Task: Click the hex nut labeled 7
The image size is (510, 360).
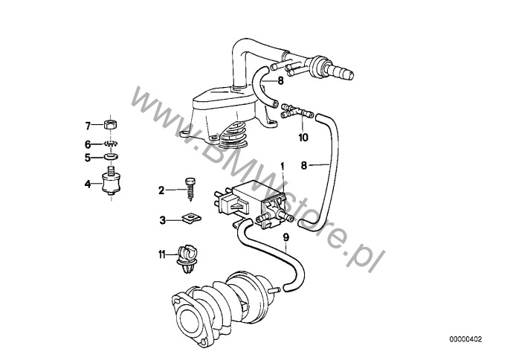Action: (112, 124)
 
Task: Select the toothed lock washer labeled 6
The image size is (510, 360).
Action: (112, 144)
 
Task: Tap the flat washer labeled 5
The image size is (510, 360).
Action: (112, 157)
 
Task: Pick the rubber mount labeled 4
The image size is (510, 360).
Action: (112, 182)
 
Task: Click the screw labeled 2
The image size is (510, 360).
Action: (190, 189)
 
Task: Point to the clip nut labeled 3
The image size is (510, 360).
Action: (191, 219)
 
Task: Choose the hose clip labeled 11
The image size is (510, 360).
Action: (187, 260)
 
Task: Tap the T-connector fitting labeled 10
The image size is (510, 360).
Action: (296, 111)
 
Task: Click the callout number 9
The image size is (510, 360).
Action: (285, 237)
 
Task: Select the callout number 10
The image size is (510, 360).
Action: (303, 138)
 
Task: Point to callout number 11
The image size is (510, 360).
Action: (162, 254)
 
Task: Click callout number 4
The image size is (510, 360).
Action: (88, 184)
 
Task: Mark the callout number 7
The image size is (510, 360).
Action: (88, 125)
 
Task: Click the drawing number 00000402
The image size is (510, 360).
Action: (465, 339)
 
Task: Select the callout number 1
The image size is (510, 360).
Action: (283, 167)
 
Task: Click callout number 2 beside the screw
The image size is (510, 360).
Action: (161, 190)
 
